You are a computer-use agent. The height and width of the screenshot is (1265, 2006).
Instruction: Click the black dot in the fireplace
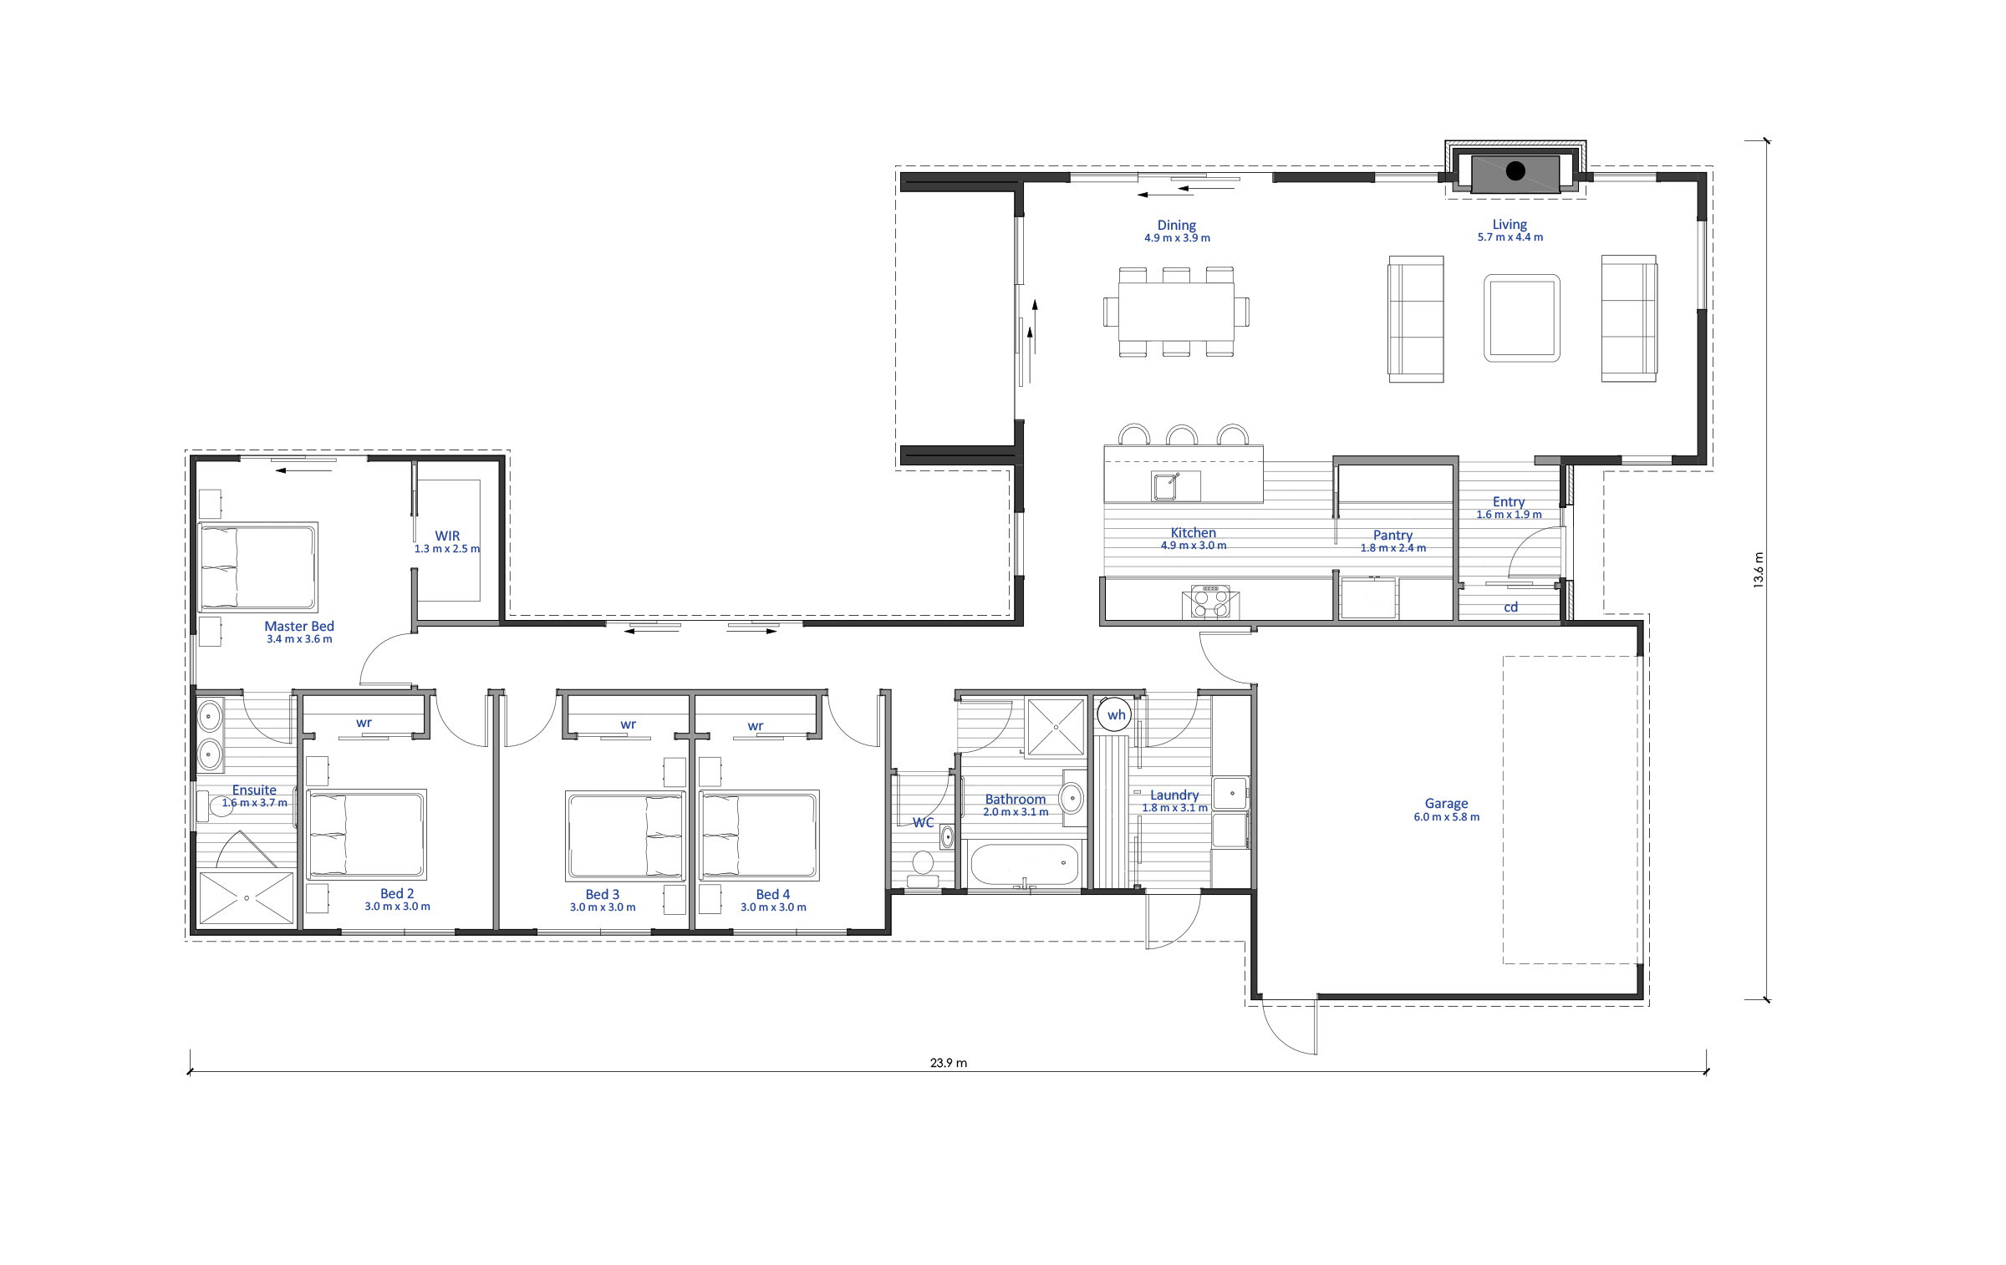click(x=1515, y=172)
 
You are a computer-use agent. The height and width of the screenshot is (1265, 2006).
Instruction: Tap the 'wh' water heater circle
click(x=1117, y=714)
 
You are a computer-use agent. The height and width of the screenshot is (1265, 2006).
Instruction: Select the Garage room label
click(x=1446, y=804)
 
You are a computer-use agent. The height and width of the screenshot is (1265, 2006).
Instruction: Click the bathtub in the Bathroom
click(x=1025, y=864)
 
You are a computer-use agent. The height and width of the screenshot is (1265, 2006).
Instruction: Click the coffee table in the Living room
click(x=1522, y=318)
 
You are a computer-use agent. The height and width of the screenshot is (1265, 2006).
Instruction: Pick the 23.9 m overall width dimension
click(x=949, y=1064)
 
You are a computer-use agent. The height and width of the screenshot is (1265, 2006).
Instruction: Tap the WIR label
click(x=447, y=536)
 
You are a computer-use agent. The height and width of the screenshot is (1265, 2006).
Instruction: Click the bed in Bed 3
click(x=625, y=836)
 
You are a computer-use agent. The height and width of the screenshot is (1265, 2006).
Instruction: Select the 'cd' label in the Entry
click(x=1510, y=607)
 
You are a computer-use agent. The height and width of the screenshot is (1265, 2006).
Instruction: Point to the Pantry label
click(x=1392, y=535)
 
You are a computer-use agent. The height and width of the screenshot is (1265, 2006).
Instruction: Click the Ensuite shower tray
click(x=247, y=898)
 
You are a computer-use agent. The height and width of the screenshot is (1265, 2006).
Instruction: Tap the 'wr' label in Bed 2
click(x=364, y=723)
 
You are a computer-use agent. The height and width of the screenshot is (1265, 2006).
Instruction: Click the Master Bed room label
click(x=299, y=626)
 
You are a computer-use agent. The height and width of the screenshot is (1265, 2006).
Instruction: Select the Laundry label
click(x=1174, y=795)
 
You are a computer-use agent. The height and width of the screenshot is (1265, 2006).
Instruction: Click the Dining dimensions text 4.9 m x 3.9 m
click(x=1177, y=238)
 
